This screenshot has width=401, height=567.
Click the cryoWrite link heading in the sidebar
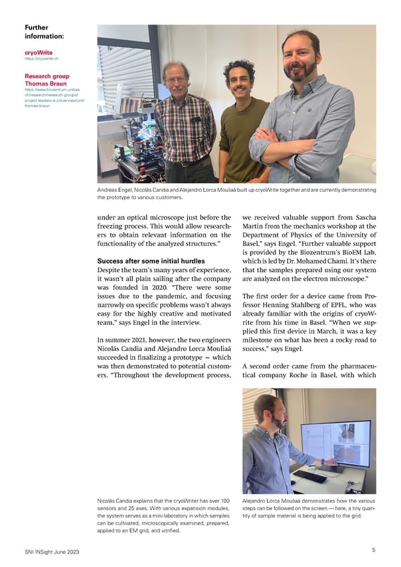tap(35, 51)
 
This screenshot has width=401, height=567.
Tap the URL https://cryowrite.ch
tap(39, 58)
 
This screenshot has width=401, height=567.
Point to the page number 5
tap(373, 550)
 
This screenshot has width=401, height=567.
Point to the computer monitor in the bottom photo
tap(336, 444)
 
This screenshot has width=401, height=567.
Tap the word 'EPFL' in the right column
tap(347, 310)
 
